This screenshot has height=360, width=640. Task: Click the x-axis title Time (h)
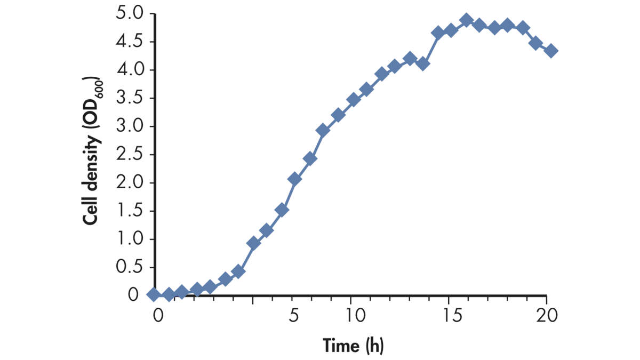point(353,346)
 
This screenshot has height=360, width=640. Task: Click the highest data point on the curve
point(466,21)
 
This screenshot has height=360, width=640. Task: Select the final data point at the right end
point(551,51)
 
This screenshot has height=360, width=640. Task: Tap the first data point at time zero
point(154,294)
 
